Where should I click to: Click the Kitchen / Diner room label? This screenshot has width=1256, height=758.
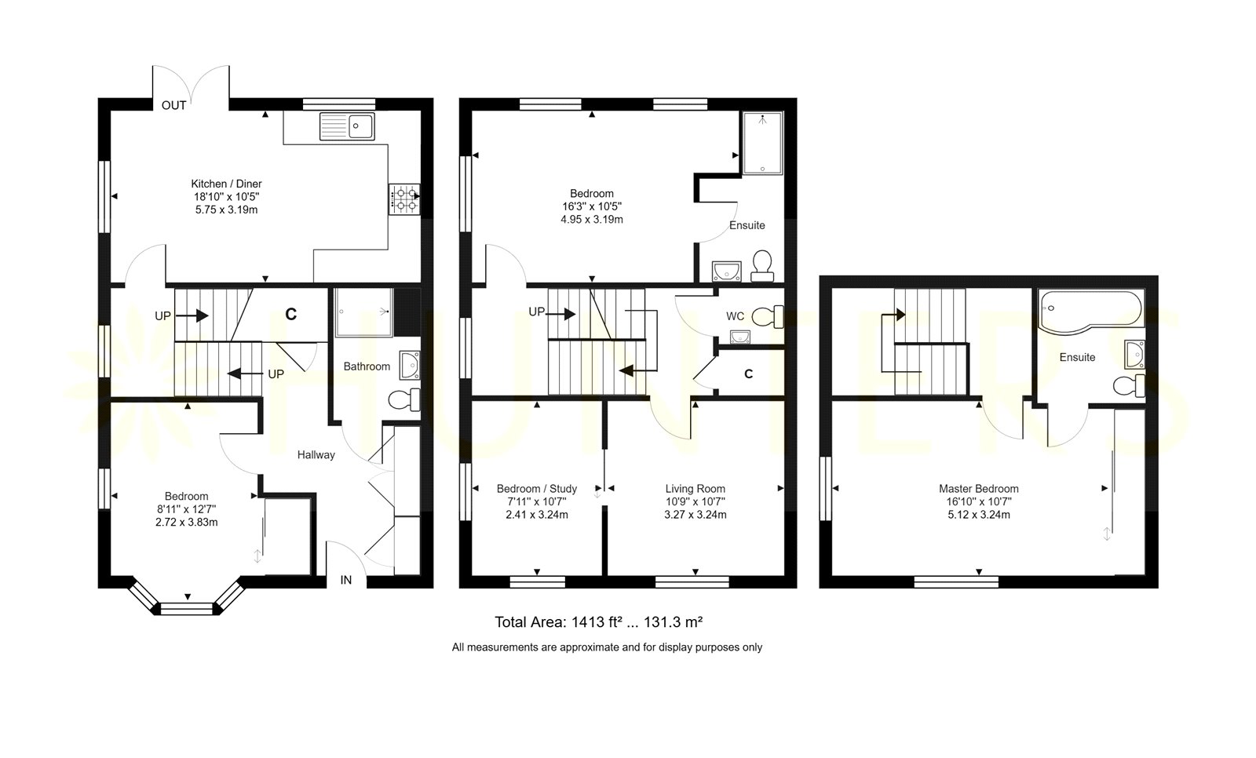pyautogui.click(x=226, y=184)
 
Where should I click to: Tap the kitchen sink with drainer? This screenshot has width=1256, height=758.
pyautogui.click(x=347, y=126)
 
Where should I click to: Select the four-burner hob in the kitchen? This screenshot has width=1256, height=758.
pyautogui.click(x=404, y=199)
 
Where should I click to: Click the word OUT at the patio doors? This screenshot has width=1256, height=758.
pyautogui.click(x=173, y=105)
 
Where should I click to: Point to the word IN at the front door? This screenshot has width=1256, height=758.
pyautogui.click(x=346, y=581)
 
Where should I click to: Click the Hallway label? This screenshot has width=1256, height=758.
pyautogui.click(x=316, y=454)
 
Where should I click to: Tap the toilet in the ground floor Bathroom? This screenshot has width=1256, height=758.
pyautogui.click(x=404, y=399)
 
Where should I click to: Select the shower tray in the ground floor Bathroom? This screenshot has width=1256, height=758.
pyautogui.click(x=364, y=312)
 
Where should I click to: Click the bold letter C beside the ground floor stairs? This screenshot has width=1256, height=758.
pyautogui.click(x=290, y=315)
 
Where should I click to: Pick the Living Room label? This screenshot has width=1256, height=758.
pyautogui.click(x=696, y=489)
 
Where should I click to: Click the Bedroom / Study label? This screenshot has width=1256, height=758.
pyautogui.click(x=537, y=489)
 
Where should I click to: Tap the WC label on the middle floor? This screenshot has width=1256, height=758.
pyautogui.click(x=735, y=316)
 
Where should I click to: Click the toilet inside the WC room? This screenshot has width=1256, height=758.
pyautogui.click(x=767, y=317)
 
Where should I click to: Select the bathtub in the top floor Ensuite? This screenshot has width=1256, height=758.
pyautogui.click(x=1091, y=312)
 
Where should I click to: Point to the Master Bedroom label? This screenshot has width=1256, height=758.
pyautogui.click(x=978, y=489)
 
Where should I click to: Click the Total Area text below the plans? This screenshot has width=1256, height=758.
pyautogui.click(x=598, y=621)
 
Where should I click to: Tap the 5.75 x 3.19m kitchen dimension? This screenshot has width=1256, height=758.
pyautogui.click(x=226, y=210)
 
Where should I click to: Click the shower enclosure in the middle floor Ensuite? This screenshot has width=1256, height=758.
pyautogui.click(x=762, y=143)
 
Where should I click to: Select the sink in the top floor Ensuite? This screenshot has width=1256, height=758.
pyautogui.click(x=1135, y=355)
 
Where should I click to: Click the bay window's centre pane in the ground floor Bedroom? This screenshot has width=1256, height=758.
pyautogui.click(x=188, y=609)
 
